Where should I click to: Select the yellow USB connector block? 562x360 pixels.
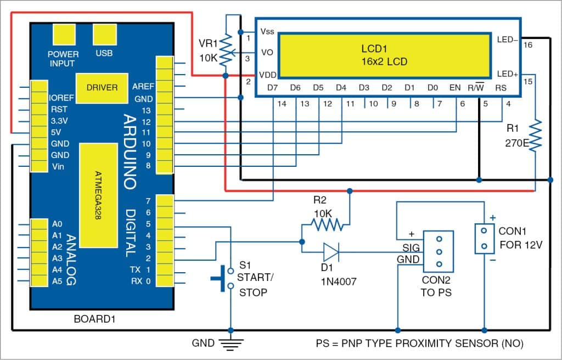(104, 36)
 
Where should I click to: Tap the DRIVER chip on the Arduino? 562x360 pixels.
(102, 87)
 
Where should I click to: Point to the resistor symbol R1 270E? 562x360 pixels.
(535, 136)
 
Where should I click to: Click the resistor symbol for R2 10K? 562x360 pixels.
(327, 224)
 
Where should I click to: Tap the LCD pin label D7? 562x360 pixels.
(273, 87)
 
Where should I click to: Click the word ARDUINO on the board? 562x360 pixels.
(130, 151)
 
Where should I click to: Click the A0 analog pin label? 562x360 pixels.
(57, 224)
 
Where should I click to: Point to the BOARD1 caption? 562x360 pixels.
(92, 319)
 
